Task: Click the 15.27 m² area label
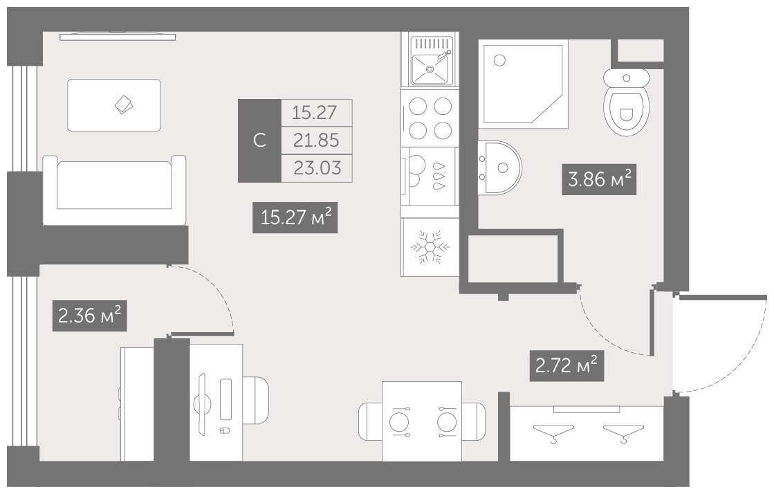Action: pos(295,217)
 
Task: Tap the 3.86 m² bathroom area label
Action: pos(599,179)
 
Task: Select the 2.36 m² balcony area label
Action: pos(89,315)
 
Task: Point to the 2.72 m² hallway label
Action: pos(566,366)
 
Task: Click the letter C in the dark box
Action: pos(259,140)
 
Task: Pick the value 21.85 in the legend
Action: pos(316,140)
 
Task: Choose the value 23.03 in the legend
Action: pos(317,168)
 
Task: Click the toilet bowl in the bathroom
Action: pos(627,103)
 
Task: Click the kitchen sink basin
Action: pos(430,68)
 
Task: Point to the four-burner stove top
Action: pos(430,118)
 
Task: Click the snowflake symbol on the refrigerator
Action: pos(430,246)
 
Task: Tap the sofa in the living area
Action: pos(115,190)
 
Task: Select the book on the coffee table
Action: pos(123,104)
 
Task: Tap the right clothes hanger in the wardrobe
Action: pos(624,432)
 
